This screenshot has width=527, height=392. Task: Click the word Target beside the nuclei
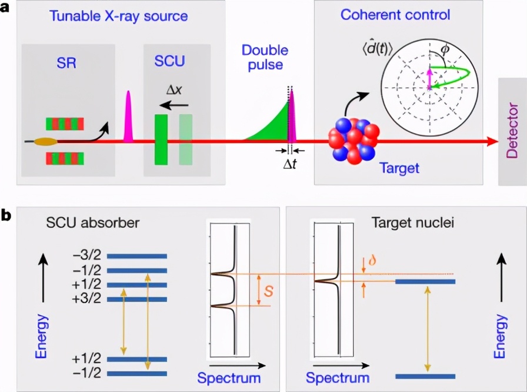coord(399,169)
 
